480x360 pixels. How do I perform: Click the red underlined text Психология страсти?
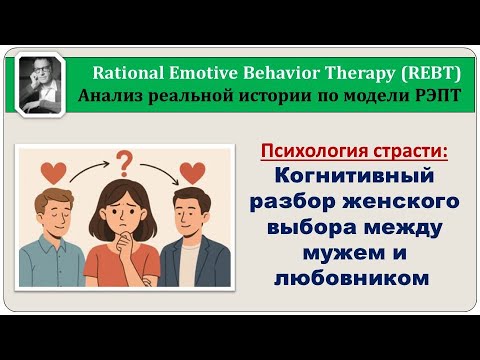pyautogui.click(x=355, y=152)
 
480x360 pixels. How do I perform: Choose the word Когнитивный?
pyautogui.click(x=355, y=177)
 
